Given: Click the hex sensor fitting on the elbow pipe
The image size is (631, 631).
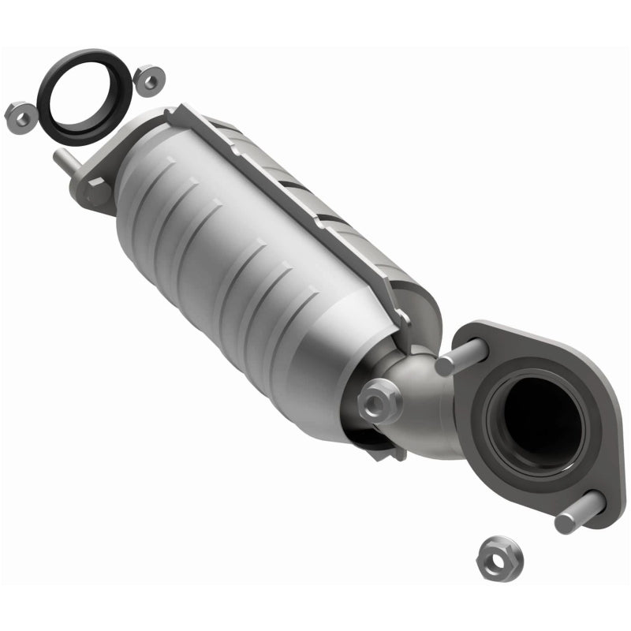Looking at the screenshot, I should pos(379,401).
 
